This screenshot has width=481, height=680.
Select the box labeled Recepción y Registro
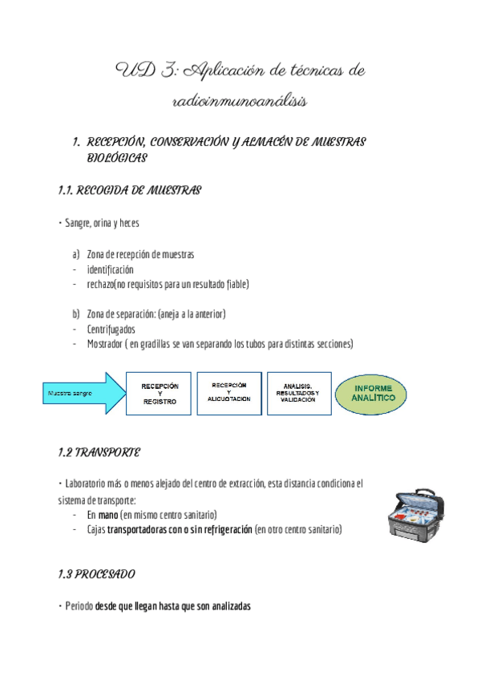160,393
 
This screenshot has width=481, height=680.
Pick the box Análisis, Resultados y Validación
297,393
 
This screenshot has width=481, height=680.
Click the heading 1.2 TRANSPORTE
99,453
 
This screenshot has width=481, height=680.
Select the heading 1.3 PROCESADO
96,575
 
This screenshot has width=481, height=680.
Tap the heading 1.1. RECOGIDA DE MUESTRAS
129,191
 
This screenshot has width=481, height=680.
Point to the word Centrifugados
111,329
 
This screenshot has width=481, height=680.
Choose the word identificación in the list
111,269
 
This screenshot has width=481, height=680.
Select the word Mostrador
106,344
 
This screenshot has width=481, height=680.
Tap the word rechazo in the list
100,284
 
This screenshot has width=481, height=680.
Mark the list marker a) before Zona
76,254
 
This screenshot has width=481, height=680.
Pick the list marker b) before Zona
76,314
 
